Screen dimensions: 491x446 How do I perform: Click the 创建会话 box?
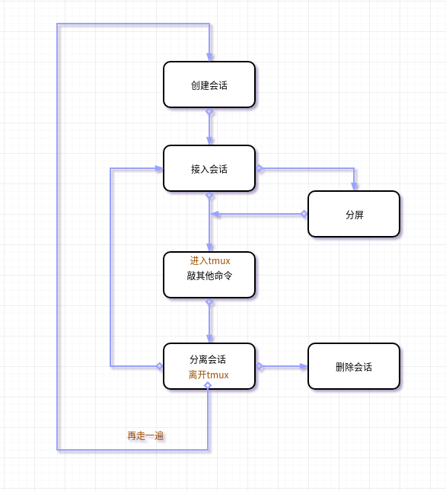click(209, 84)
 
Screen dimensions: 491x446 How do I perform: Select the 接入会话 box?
click(209, 168)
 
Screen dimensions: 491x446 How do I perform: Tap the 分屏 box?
click(354, 214)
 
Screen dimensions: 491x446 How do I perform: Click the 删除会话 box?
click(354, 366)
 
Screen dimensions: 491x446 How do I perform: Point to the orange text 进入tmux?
click(210, 261)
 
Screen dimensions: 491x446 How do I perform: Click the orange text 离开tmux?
click(209, 375)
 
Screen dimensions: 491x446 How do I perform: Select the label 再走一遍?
click(145, 436)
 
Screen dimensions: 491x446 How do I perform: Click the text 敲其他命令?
click(209, 276)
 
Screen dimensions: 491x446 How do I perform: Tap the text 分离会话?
click(208, 359)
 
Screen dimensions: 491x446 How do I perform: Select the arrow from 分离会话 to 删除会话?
click(283, 366)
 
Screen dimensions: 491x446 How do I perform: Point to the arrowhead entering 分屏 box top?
click(354, 186)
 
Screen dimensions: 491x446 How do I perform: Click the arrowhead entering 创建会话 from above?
click(209, 56)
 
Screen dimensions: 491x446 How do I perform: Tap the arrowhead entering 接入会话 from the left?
click(158, 168)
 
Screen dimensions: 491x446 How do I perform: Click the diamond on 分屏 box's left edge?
click(304, 214)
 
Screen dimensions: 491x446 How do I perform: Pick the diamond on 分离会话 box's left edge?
click(160, 366)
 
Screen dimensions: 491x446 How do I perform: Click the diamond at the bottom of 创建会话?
click(209, 112)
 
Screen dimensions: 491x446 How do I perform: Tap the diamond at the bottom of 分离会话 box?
click(208, 385)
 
